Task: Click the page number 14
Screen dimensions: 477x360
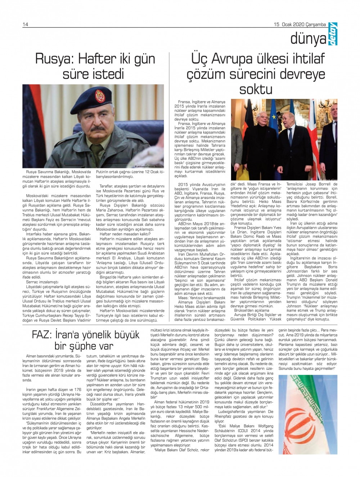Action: [x=26, y=24]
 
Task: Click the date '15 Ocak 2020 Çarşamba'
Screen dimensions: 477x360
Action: [x=300, y=24]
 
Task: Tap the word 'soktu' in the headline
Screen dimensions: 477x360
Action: [x=256, y=89]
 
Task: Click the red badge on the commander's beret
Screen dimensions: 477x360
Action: [x=100, y=96]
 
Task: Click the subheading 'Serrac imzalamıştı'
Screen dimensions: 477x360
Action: [x=42, y=282]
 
